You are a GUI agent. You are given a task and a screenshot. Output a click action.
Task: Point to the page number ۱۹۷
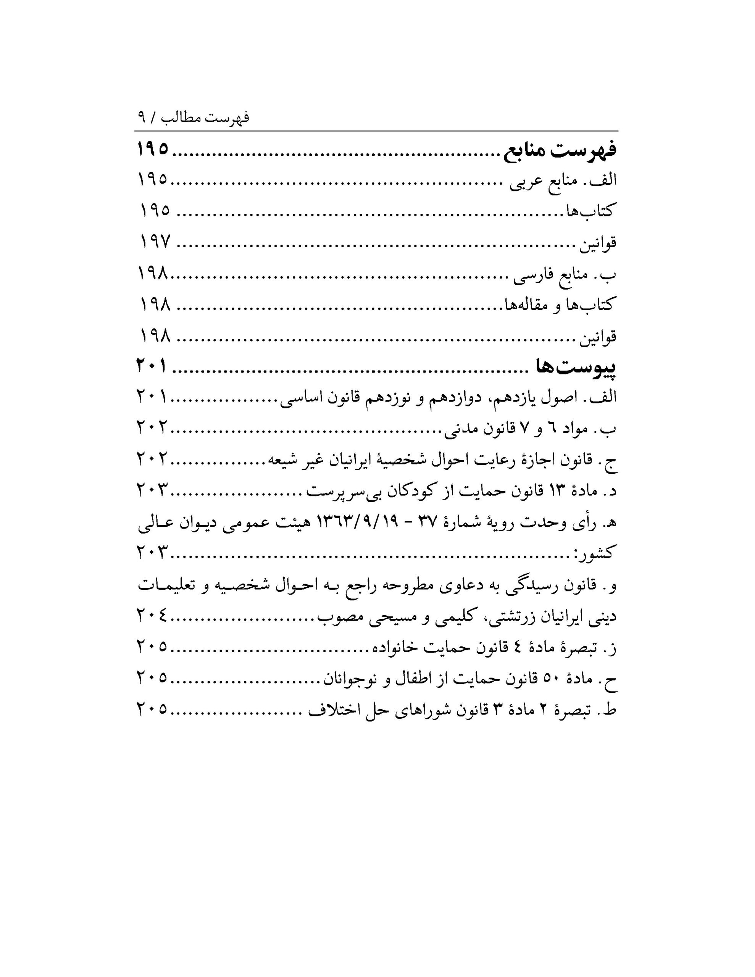(x=155, y=242)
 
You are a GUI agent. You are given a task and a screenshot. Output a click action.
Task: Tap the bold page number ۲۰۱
(x=152, y=366)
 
